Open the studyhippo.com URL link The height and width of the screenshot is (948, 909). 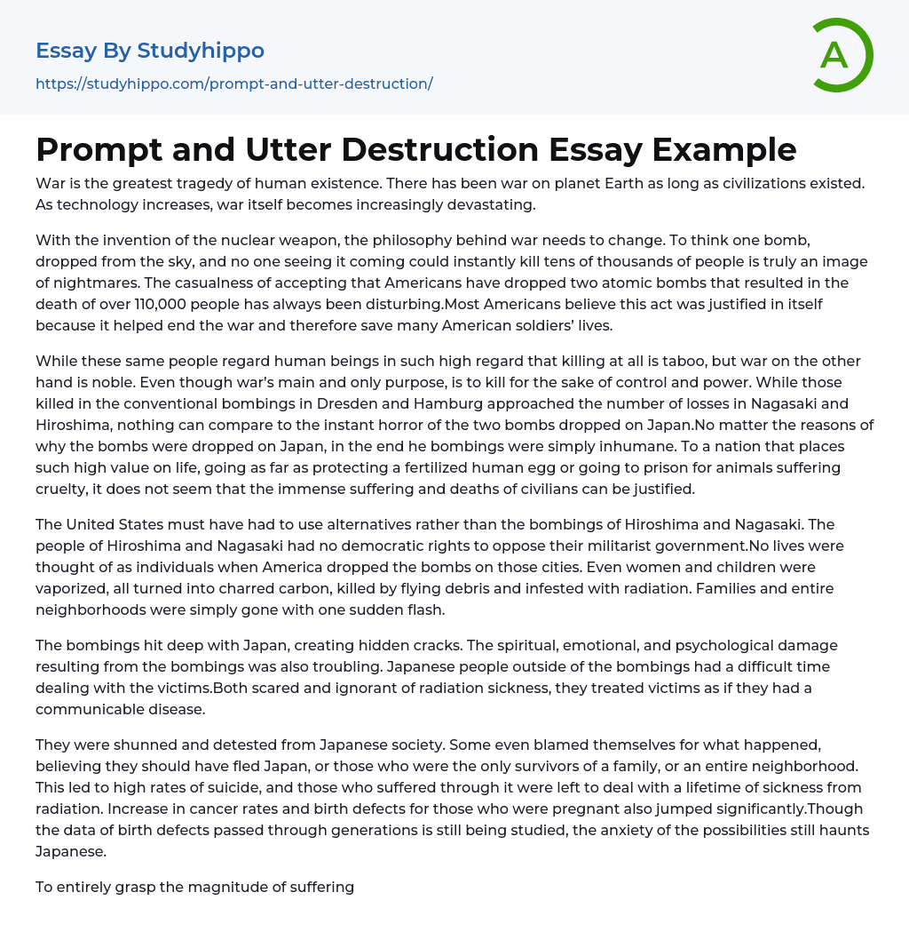point(233,84)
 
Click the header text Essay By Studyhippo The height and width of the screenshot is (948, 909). point(150,51)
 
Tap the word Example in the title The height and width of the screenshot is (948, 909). point(724,150)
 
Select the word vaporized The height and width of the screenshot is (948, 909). point(74,588)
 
